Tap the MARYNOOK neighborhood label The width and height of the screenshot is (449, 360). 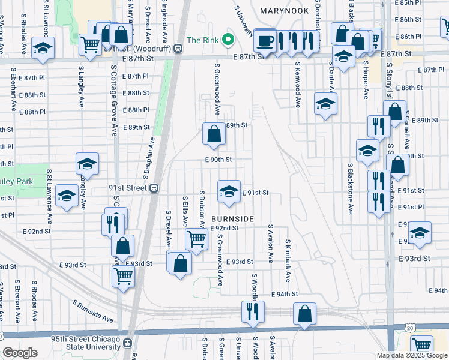click(285, 11)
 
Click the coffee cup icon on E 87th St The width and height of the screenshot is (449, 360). click(264, 41)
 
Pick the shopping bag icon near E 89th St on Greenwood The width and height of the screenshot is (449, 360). click(214, 134)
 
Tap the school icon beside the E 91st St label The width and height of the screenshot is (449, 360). click(228, 192)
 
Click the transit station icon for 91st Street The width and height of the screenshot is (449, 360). click(154, 187)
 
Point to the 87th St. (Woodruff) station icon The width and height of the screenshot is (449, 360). click(178, 49)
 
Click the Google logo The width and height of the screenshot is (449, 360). click(20, 353)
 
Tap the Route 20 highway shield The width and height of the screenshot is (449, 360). click(410, 328)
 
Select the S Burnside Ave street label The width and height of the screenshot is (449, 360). click(93, 311)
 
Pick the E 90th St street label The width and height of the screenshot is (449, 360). click(218, 160)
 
